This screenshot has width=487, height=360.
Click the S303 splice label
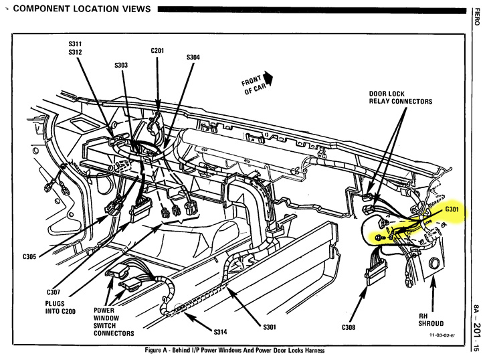coord(120,66)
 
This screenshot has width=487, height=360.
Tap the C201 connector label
coord(159,50)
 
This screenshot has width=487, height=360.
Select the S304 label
coord(193,58)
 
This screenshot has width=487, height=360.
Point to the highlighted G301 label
coord(454,209)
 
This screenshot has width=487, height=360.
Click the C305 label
coord(30,256)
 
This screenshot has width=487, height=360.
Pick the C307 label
coord(54,292)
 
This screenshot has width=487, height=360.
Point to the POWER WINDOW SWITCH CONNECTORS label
coord(114,322)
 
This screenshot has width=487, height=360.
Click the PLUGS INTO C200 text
coord(61,306)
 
